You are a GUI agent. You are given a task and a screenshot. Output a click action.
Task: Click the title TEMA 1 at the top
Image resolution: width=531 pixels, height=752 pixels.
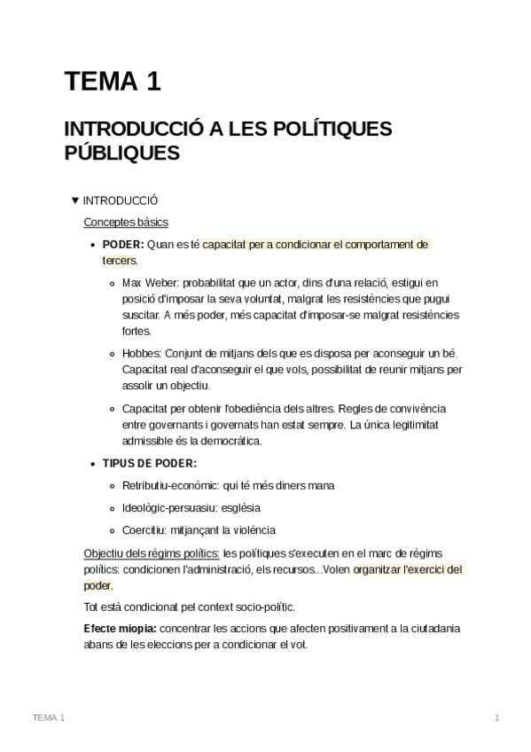[x=112, y=83]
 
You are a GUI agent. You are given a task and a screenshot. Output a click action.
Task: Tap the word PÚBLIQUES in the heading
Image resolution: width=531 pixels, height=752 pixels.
[x=122, y=153]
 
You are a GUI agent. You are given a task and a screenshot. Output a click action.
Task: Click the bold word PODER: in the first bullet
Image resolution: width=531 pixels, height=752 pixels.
[x=123, y=244]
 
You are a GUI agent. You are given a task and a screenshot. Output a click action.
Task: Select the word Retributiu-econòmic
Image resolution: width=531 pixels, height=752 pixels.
[x=173, y=486]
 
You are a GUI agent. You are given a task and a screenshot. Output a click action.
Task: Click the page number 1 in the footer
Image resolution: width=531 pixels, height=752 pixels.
[x=497, y=717]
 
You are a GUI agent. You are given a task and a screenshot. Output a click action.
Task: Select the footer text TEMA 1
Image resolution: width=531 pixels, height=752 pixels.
[x=48, y=717]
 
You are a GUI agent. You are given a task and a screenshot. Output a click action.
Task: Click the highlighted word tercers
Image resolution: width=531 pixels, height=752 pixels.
[x=119, y=261]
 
